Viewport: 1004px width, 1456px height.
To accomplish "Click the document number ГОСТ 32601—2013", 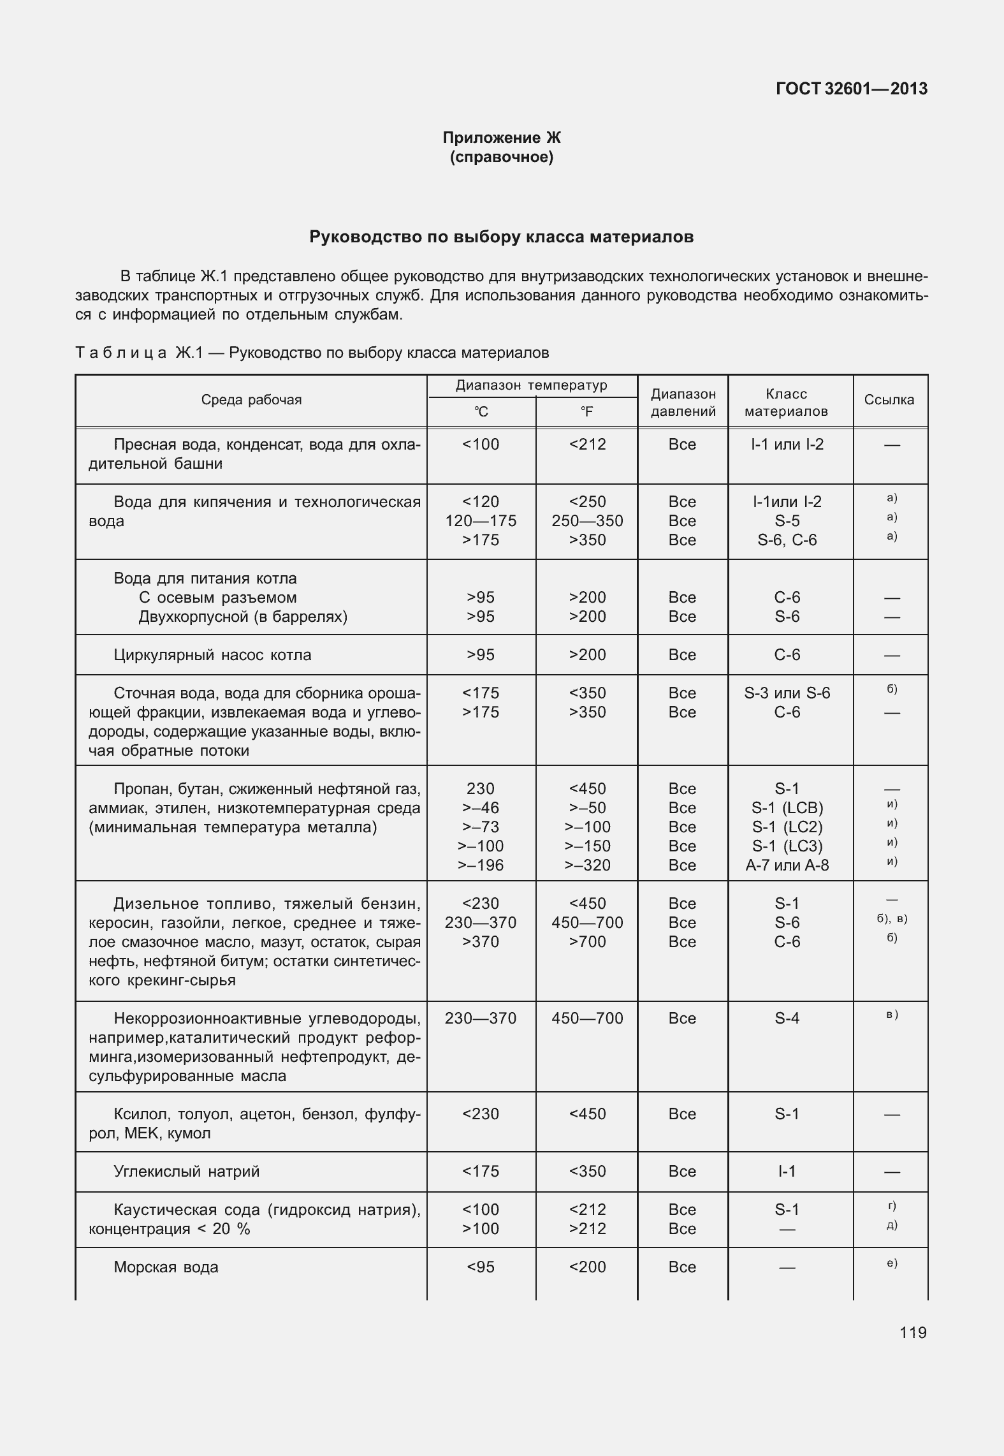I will tap(851, 89).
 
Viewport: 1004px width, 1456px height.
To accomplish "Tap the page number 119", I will tap(913, 1333).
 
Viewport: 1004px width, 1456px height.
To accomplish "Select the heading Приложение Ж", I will tap(502, 138).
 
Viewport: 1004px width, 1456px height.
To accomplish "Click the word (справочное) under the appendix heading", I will tap(502, 157).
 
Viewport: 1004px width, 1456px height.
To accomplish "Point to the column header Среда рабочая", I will tap(251, 400).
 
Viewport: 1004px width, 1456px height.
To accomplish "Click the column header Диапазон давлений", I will tap(683, 402).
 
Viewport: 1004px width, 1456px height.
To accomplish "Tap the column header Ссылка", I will tap(889, 400).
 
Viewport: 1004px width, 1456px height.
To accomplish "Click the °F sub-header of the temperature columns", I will tap(586, 412).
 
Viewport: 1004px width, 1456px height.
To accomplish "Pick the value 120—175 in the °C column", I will tap(481, 521).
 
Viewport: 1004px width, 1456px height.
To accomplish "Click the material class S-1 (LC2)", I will tap(787, 827).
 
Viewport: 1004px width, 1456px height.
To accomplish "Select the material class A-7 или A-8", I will tap(787, 865).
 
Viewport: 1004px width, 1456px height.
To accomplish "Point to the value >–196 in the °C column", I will tap(481, 865).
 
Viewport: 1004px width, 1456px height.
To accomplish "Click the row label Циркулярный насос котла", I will tap(212, 655).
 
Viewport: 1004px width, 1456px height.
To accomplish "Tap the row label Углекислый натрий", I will tap(186, 1172).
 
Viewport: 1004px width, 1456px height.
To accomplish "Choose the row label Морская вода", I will tap(166, 1267).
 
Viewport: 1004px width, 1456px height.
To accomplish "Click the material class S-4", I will tap(787, 1018).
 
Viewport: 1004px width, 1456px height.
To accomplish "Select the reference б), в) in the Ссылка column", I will tap(892, 919).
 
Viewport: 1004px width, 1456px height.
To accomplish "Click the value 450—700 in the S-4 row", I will tap(586, 1018).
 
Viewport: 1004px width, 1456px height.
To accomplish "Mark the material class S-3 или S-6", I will tap(787, 693).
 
